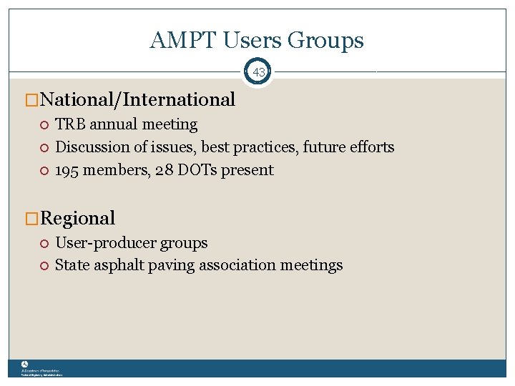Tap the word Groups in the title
[325, 41]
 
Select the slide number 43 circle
[258, 72]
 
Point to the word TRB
[69, 124]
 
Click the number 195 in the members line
[67, 170]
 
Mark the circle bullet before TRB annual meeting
[44, 125]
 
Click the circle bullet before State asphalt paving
[44, 266]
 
